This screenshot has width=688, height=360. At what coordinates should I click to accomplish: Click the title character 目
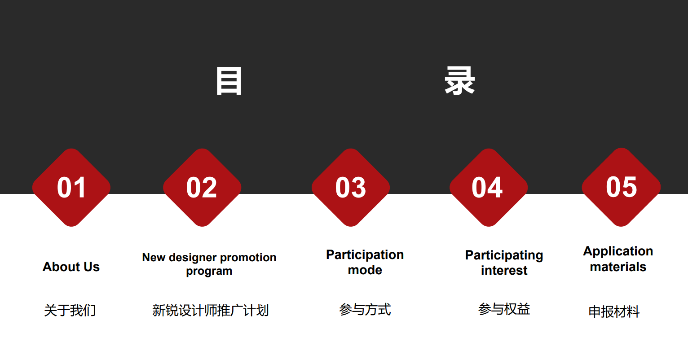pyautogui.click(x=229, y=81)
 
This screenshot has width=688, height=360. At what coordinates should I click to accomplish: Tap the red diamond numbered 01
pyautogui.click(x=71, y=188)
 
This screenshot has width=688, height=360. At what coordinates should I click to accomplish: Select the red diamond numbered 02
pyautogui.click(x=202, y=188)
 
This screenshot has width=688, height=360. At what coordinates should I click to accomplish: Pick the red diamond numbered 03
pyautogui.click(x=350, y=188)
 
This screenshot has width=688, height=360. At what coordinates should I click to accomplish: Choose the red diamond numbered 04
pyautogui.click(x=488, y=188)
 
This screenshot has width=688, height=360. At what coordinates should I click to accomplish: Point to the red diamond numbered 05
pyautogui.click(x=621, y=187)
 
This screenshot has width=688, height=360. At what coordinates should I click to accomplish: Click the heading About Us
pyautogui.click(x=71, y=266)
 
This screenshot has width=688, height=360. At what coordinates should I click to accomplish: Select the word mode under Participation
pyautogui.click(x=365, y=270)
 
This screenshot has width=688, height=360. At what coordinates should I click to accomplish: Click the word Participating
pyautogui.click(x=504, y=255)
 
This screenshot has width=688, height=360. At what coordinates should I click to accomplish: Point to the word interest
pyautogui.click(x=504, y=270)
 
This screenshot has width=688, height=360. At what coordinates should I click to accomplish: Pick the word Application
pyautogui.click(x=618, y=251)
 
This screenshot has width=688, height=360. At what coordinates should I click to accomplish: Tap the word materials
pyautogui.click(x=618, y=267)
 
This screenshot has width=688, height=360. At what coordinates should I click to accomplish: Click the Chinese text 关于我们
pyautogui.click(x=70, y=310)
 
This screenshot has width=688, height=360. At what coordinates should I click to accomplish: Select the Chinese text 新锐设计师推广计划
pyautogui.click(x=210, y=310)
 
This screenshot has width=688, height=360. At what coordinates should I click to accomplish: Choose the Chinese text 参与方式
pyautogui.click(x=365, y=309)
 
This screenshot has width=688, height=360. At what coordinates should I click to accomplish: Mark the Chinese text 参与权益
pyautogui.click(x=504, y=309)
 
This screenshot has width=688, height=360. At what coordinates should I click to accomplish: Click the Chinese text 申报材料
pyautogui.click(x=614, y=312)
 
